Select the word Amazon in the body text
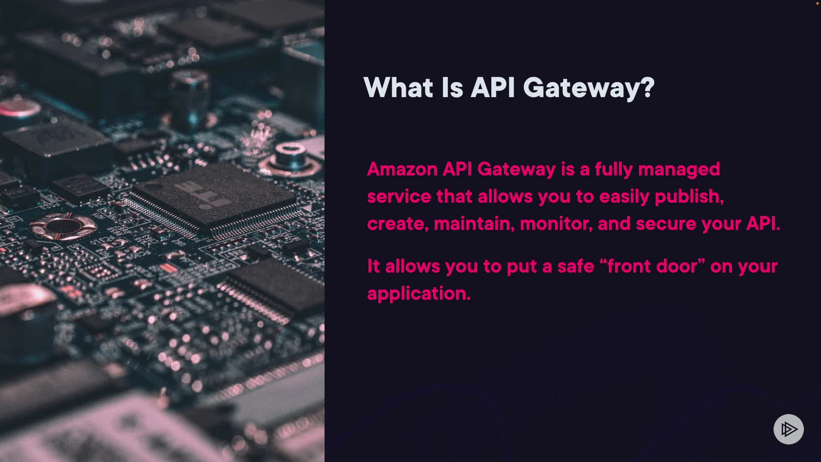402,169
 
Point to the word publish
689,197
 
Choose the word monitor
556,224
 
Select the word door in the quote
677,266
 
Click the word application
419,294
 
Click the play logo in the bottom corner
789,429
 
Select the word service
399,197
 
